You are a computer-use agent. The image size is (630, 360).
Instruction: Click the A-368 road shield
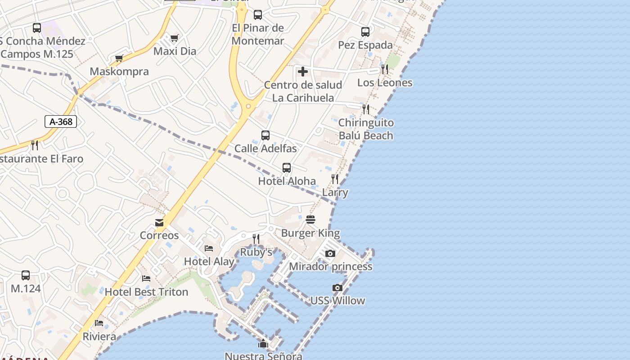[61, 121]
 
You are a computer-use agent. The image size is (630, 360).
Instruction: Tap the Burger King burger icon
[310, 220]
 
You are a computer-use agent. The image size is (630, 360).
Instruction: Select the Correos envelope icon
[159, 222]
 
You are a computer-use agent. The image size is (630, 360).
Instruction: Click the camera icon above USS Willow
[337, 288]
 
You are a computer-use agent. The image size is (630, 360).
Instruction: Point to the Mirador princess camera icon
[330, 253]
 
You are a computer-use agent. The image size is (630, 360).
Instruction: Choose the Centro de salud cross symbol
[303, 72]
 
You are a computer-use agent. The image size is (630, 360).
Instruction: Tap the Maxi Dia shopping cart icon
[175, 38]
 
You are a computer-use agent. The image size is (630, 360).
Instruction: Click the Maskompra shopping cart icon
[119, 58]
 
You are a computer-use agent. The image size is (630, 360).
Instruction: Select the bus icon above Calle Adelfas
[265, 135]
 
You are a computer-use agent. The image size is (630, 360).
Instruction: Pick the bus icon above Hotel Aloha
[287, 168]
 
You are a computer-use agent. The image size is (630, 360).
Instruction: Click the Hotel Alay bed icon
[209, 248]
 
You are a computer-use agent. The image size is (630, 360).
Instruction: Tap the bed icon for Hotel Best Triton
[146, 279]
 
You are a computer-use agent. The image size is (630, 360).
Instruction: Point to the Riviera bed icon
[99, 323]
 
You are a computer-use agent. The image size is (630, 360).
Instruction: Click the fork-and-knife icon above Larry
[335, 179]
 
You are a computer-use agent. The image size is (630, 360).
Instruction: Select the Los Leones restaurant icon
[385, 69]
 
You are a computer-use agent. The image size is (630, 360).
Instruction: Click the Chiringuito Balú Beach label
[366, 129]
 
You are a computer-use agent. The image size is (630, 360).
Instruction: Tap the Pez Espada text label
[365, 45]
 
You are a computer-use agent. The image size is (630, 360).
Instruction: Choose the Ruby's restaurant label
[256, 252]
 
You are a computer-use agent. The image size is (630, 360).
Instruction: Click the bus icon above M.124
[26, 275]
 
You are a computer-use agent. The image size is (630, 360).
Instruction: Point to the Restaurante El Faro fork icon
[35, 145]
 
